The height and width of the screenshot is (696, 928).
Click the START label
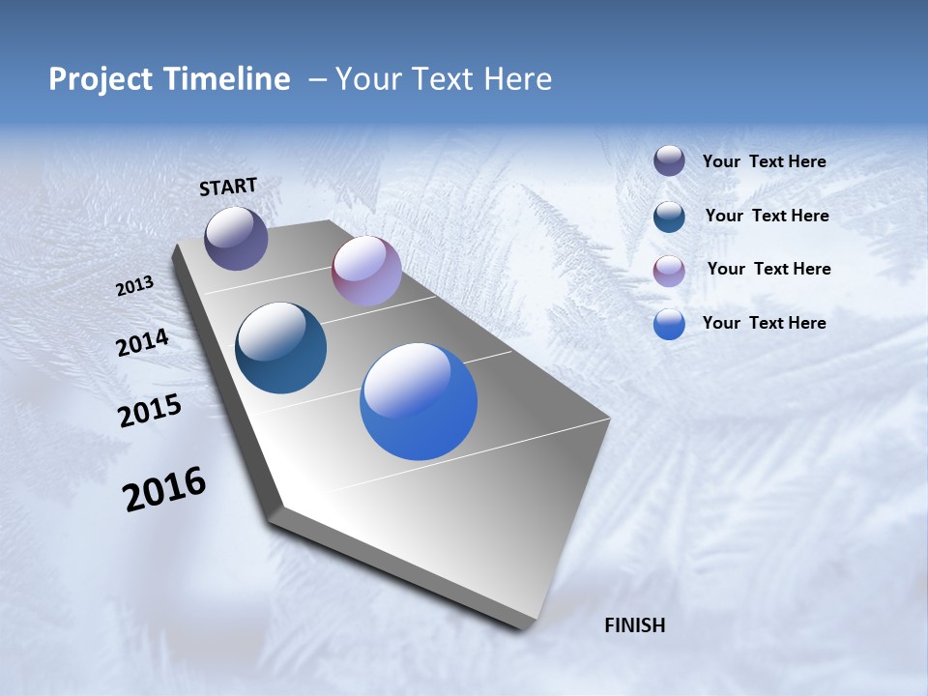(228, 187)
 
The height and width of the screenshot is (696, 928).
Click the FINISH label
(634, 625)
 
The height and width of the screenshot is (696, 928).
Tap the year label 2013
(134, 286)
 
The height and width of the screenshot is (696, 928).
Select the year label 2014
(142, 343)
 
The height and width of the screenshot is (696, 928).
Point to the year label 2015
(150, 411)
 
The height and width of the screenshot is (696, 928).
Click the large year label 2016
(164, 489)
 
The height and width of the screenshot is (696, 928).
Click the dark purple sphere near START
(236, 238)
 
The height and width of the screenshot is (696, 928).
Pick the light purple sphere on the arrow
(366, 271)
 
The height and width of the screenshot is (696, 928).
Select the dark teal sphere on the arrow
(280, 348)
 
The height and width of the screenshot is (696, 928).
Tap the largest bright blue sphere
(419, 401)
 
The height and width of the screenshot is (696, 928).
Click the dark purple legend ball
(669, 160)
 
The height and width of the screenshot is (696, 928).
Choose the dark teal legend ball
(669, 216)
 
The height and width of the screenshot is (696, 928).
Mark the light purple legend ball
(669, 270)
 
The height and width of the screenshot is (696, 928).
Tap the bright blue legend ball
(669, 324)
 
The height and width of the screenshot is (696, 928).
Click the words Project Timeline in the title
(169, 79)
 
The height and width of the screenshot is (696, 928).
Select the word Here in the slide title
(517, 79)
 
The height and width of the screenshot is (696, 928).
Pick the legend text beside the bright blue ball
(764, 323)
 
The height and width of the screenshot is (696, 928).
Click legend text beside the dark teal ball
(767, 216)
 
